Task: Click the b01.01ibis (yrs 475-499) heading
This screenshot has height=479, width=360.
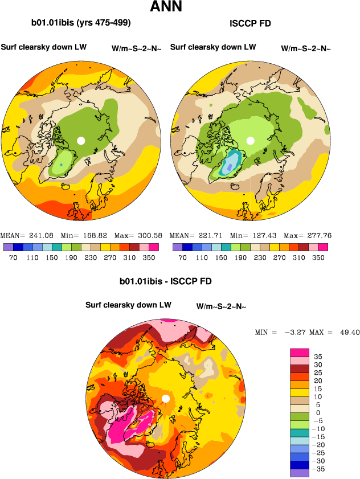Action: [81, 23]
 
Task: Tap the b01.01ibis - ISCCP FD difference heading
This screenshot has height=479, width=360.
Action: [166, 281]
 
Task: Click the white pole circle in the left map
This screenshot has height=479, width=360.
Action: [81, 140]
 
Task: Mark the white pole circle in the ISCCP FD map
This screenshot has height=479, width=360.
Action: [250, 140]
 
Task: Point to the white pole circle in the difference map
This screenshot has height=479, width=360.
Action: [165, 398]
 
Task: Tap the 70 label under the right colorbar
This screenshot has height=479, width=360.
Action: [182, 258]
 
